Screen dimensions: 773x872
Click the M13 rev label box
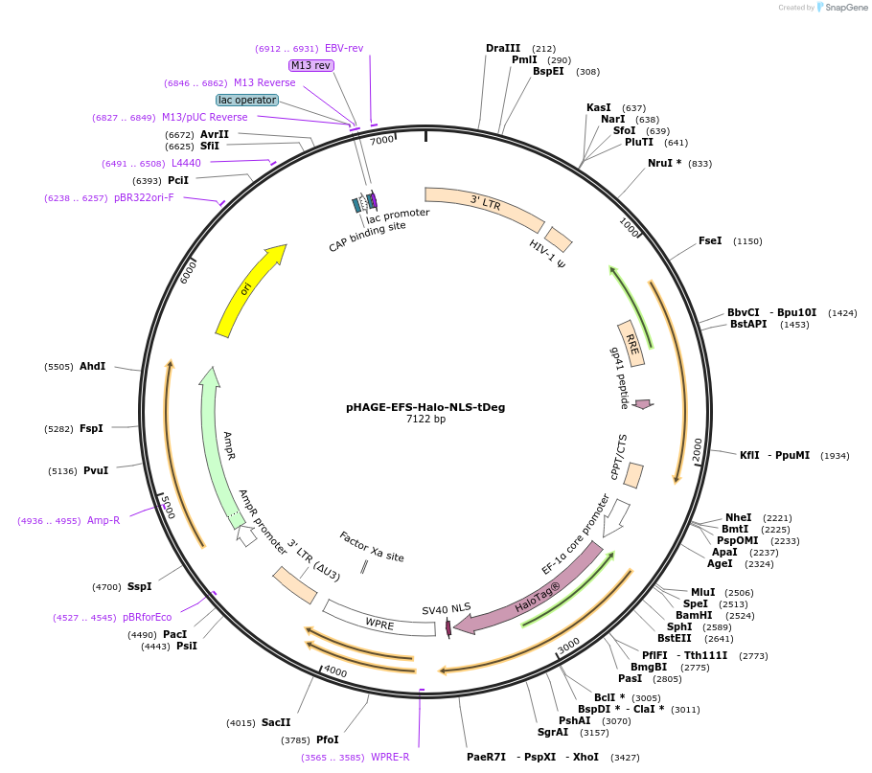311,65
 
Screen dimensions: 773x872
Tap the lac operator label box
247,100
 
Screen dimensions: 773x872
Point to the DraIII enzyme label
503,48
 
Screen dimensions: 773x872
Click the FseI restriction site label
710,241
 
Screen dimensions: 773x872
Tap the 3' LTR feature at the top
485,208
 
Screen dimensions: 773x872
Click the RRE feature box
631,343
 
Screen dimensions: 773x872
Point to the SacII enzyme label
276,722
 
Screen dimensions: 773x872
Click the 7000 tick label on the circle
381,141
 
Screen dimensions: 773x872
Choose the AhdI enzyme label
93,366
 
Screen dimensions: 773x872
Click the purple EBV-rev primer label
344,48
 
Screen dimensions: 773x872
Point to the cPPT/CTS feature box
634,475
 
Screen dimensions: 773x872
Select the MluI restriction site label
702,592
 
